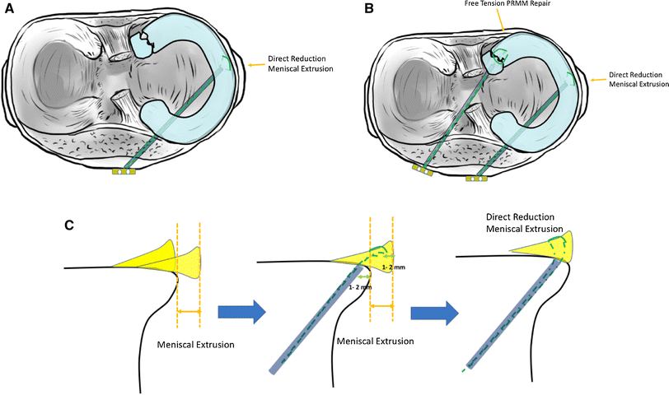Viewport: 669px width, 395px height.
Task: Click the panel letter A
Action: coord(8,10)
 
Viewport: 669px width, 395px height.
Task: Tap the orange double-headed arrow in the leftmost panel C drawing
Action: coord(189,311)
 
